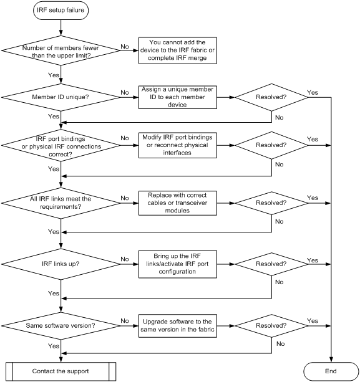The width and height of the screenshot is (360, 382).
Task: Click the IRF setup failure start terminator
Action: (x=61, y=10)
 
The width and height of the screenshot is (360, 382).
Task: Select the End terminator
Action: (x=331, y=371)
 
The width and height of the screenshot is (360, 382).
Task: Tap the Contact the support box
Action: (x=61, y=371)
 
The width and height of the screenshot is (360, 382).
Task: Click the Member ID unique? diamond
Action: (x=61, y=97)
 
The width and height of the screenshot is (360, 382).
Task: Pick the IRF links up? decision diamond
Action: (x=61, y=264)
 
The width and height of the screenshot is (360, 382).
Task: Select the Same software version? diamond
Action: (x=61, y=326)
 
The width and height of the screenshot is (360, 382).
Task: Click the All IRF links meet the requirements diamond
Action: (x=61, y=203)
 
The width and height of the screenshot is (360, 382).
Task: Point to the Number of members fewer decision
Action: (x=61, y=50)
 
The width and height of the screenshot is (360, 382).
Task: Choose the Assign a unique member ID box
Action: (x=178, y=97)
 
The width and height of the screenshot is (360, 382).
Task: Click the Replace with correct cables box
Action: (x=178, y=203)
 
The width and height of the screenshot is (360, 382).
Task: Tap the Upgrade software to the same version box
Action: (x=178, y=326)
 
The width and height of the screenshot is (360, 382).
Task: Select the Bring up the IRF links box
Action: (x=178, y=264)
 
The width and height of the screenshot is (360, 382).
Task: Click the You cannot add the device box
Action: (x=178, y=50)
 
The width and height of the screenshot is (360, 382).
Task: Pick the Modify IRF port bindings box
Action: (x=178, y=145)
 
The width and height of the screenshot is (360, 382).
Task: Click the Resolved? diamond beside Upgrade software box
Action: (x=271, y=326)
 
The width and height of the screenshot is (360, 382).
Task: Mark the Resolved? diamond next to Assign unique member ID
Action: (x=271, y=97)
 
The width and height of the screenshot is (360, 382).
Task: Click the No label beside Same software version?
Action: (x=125, y=320)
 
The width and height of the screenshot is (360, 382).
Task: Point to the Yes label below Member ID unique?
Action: (x=54, y=116)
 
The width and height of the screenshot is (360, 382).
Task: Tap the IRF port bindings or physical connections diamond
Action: (x=61, y=145)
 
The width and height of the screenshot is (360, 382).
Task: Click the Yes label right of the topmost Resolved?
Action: (x=313, y=92)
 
